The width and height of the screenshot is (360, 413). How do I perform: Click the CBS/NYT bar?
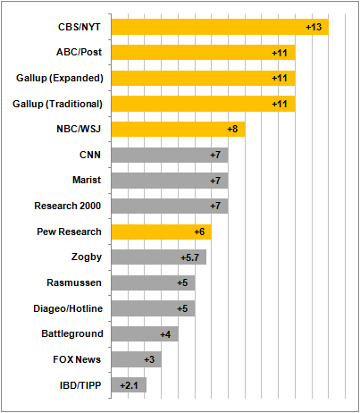click(220, 27)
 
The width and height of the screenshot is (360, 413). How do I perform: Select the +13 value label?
click(314, 27)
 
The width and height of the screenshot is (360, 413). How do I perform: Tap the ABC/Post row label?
click(80, 52)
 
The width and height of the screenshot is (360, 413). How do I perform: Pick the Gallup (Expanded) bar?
click(204, 78)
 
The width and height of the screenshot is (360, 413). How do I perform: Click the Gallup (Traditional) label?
click(57, 104)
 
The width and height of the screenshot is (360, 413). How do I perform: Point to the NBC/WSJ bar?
click(179, 129)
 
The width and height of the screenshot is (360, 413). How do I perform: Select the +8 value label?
click(232, 129)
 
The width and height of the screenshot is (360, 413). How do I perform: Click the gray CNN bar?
click(170, 155)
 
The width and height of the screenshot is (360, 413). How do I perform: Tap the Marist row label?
click(87, 180)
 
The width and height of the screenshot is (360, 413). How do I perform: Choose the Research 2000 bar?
click(170, 206)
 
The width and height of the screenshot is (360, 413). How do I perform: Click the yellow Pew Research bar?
click(162, 232)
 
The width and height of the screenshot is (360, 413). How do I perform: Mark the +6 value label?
click(199, 232)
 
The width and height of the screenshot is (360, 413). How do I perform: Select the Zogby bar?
click(159, 257)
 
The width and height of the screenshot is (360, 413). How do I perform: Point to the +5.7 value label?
click(190, 257)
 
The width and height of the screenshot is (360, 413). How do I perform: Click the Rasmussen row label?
click(74, 282)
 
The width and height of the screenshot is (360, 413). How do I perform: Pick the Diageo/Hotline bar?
click(154, 308)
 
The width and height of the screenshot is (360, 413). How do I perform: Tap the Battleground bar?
click(145, 333)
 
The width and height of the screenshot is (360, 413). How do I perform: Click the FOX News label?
click(77, 359)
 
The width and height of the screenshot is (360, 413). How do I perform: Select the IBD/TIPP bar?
click(129, 385)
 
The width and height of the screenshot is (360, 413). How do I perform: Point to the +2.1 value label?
click(129, 385)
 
